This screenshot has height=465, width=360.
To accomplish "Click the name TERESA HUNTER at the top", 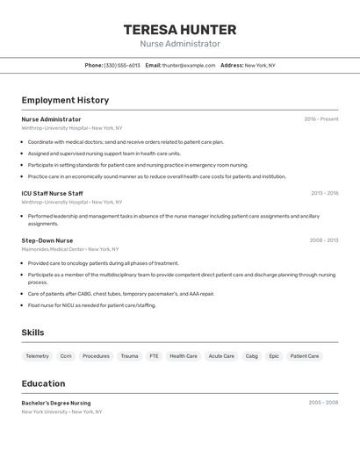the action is pyautogui.click(x=180, y=29).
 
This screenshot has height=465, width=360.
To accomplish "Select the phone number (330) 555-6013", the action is pyautogui.click(x=122, y=65).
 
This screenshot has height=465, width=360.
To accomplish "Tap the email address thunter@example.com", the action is pyautogui.click(x=189, y=65).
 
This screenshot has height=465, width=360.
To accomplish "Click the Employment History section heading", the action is pyautogui.click(x=65, y=100).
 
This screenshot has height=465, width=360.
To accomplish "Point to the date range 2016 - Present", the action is pyautogui.click(x=321, y=118).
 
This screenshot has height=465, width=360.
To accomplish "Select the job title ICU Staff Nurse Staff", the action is pyautogui.click(x=53, y=193).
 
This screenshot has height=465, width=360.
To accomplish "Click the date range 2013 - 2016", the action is pyautogui.click(x=324, y=193).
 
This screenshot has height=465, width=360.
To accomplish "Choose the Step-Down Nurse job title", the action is pyautogui.click(x=47, y=240).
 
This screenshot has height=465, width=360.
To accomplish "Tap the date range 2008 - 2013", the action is pyautogui.click(x=324, y=240).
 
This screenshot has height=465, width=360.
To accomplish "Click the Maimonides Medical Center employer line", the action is pyautogui.click(x=70, y=249).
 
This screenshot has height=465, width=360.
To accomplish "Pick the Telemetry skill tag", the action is pyautogui.click(x=38, y=356).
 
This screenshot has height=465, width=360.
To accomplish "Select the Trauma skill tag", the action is pyautogui.click(x=129, y=356).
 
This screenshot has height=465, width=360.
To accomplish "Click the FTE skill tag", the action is pyautogui.click(x=154, y=356).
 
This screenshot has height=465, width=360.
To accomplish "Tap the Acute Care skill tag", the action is pyautogui.click(x=221, y=356).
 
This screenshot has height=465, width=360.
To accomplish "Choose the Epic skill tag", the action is pyautogui.click(x=274, y=356).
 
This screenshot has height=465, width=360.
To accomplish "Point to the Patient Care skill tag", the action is pyautogui.click(x=305, y=356).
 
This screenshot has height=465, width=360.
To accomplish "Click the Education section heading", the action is pyautogui.click(x=43, y=383).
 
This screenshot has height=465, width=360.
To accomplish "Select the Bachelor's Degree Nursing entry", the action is pyautogui.click(x=56, y=403).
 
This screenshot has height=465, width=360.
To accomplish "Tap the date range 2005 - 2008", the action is pyautogui.click(x=323, y=403).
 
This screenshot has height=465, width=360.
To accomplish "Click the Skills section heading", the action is pyautogui.click(x=32, y=333).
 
